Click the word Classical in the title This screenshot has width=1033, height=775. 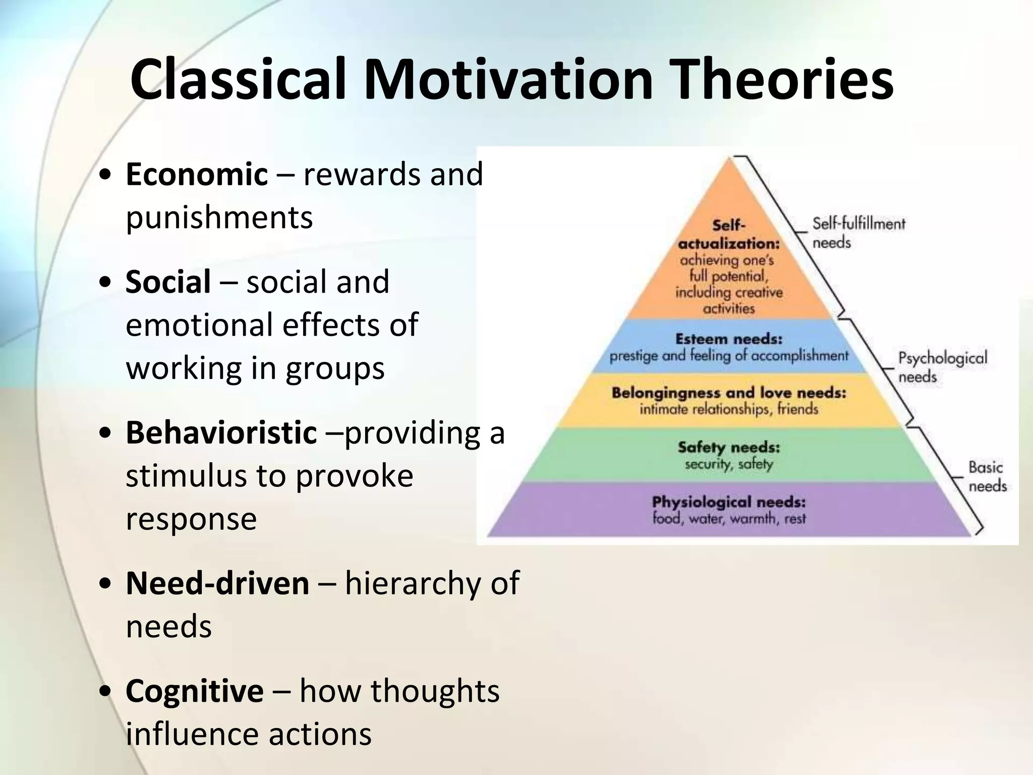(x=238, y=80)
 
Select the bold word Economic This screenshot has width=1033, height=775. (x=196, y=174)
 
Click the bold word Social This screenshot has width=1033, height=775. (x=168, y=282)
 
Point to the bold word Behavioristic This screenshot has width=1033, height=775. (x=221, y=433)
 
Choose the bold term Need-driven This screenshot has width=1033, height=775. (x=217, y=583)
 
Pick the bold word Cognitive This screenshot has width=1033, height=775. (x=194, y=691)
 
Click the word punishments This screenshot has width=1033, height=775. (x=219, y=217)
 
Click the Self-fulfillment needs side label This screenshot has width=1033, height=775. (x=858, y=233)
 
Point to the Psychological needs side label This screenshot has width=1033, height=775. (x=942, y=367)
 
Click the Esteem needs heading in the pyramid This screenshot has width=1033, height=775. (x=728, y=339)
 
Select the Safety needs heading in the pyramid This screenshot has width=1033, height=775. (x=728, y=448)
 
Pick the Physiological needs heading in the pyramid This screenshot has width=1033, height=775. (x=728, y=502)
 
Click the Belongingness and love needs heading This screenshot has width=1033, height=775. (x=728, y=393)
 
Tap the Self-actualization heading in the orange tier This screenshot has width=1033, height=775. (x=728, y=235)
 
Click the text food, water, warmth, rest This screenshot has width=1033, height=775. (x=728, y=519)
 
